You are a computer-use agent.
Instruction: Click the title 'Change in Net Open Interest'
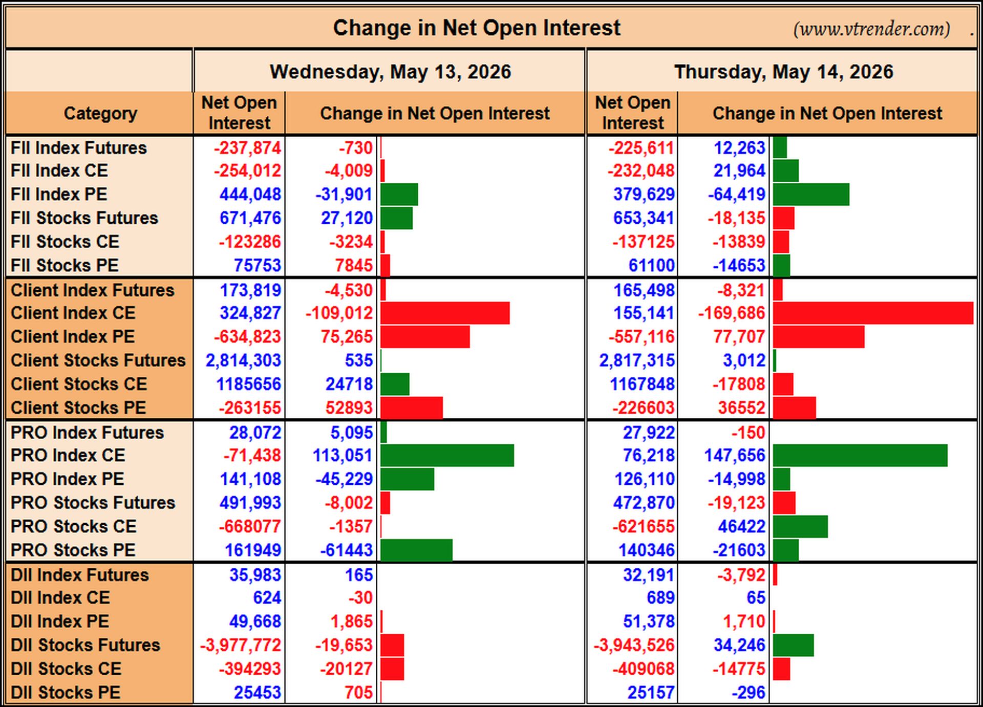[x=477, y=28]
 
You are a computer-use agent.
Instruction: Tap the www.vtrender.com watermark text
[x=871, y=29]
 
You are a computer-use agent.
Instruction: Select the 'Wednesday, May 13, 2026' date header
[x=390, y=72]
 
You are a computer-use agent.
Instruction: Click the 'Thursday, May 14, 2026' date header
[x=783, y=72]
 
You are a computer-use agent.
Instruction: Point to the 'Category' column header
[x=100, y=113]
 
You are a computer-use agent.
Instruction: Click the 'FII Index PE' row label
[x=59, y=195]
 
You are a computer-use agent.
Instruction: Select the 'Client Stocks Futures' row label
[x=98, y=360]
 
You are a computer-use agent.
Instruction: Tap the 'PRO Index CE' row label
[x=68, y=455]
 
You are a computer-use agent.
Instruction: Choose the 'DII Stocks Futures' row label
[x=85, y=645]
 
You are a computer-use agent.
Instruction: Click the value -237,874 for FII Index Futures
[x=247, y=148]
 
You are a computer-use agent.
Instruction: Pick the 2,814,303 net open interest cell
[x=243, y=360]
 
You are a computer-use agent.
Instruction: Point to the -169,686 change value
[x=732, y=313]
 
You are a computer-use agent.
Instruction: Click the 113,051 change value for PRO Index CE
[x=343, y=455]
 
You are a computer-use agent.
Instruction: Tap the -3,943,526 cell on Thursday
[x=634, y=645]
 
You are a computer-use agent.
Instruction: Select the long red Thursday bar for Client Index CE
[x=873, y=313]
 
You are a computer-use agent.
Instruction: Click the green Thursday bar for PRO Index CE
[x=860, y=455]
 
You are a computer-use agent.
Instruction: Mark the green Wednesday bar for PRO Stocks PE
[x=416, y=550]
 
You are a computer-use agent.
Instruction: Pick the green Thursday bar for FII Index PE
[x=811, y=195]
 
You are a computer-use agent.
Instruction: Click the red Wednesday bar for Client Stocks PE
[x=412, y=408]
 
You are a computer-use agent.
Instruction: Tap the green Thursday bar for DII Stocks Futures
[x=793, y=645]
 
